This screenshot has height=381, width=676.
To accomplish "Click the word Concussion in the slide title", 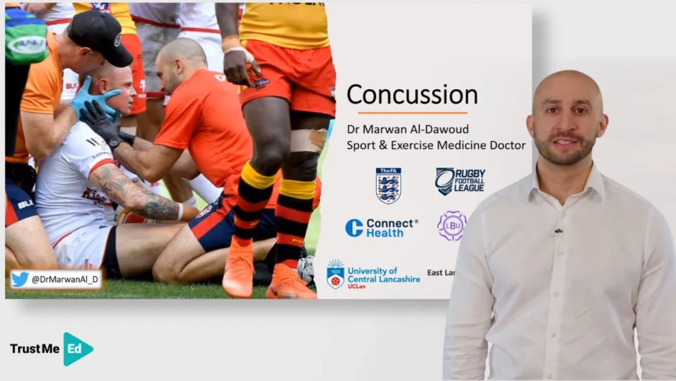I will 412,94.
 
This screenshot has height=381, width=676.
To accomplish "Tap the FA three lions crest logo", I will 388,185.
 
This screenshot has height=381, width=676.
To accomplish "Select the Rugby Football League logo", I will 460,181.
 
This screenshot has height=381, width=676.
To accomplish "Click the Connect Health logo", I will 381,228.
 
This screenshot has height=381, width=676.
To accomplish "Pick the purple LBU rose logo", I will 452,226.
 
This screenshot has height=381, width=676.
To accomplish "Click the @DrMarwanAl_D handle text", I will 64,280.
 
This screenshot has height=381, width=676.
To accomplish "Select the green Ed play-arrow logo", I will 77,349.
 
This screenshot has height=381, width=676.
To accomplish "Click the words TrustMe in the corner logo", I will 35,349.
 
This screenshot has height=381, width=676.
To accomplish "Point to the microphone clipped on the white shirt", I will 557,231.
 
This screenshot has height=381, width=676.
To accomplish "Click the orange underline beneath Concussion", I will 412,112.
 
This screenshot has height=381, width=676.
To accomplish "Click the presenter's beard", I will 565,150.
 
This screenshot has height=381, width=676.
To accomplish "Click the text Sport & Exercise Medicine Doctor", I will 436,145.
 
